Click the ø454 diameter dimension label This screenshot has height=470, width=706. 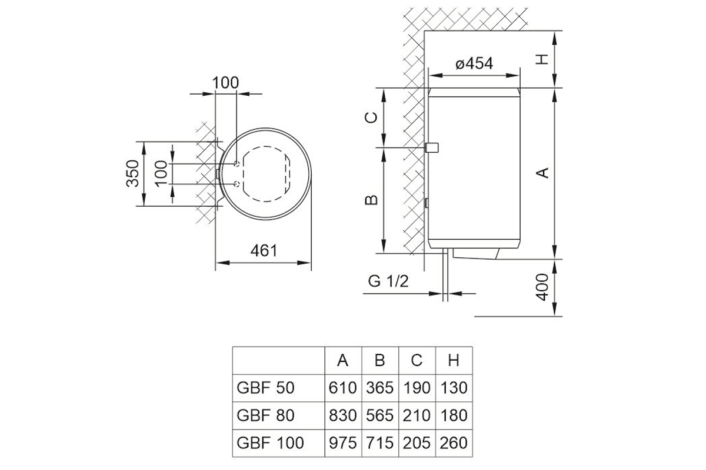coord(474,63)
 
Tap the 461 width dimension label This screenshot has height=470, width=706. coord(264,251)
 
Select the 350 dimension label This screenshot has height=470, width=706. coord(134,173)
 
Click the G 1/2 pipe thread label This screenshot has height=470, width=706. coord(388,281)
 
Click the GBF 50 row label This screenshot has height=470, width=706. coord(265,388)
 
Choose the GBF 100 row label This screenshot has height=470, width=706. coord(270,442)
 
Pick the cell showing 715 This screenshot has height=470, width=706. coord(379,442)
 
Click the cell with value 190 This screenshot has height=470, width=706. coord(417,388)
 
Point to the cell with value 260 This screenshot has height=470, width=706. coord(453,442)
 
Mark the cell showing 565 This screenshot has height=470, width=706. coord(379,415)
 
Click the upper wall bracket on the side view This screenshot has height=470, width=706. coord(433,147)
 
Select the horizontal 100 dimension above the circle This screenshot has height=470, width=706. coord(226,83)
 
